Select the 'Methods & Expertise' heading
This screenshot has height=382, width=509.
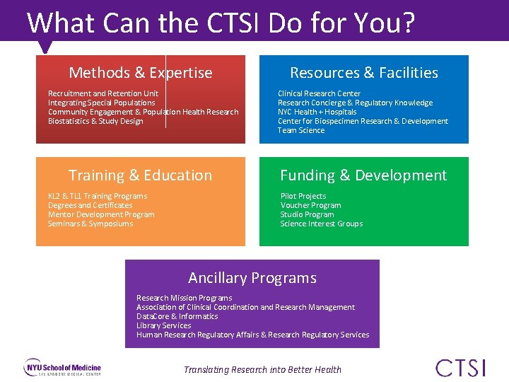(140, 73)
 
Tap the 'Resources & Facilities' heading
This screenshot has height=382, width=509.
(363, 73)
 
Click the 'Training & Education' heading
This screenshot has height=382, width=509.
(140, 175)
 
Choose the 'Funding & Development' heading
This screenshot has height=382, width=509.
(363, 175)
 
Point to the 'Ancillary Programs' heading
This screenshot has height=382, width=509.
(252, 278)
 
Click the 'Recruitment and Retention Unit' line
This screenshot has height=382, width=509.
(103, 93)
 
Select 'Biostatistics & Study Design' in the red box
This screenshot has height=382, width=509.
(95, 121)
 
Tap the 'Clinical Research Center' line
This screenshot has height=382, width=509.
(319, 93)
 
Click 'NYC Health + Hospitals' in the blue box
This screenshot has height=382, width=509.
(317, 112)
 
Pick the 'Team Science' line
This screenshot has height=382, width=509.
(300, 130)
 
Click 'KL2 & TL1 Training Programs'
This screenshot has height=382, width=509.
(97, 196)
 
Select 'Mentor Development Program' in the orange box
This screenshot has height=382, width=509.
(100, 214)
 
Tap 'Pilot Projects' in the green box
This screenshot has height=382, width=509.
(303, 196)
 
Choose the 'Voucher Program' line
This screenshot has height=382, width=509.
(310, 205)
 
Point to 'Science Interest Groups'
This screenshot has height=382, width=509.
(321, 224)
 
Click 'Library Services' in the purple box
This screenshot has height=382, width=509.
(163, 325)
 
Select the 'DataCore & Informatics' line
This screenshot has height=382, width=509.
(177, 316)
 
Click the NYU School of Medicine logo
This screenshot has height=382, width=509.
(63, 369)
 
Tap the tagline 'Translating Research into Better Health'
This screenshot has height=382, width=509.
(262, 369)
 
